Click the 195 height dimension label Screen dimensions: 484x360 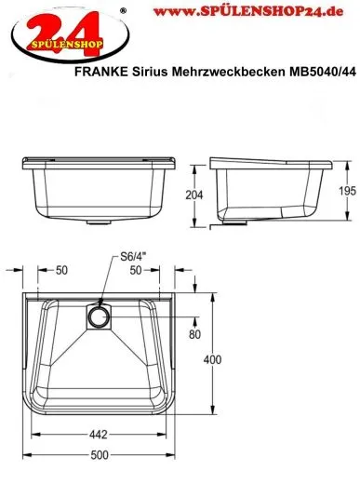[x=345, y=189]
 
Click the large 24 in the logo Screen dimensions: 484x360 [x=43, y=25]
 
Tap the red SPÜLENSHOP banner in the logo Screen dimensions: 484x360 [x=43, y=43]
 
